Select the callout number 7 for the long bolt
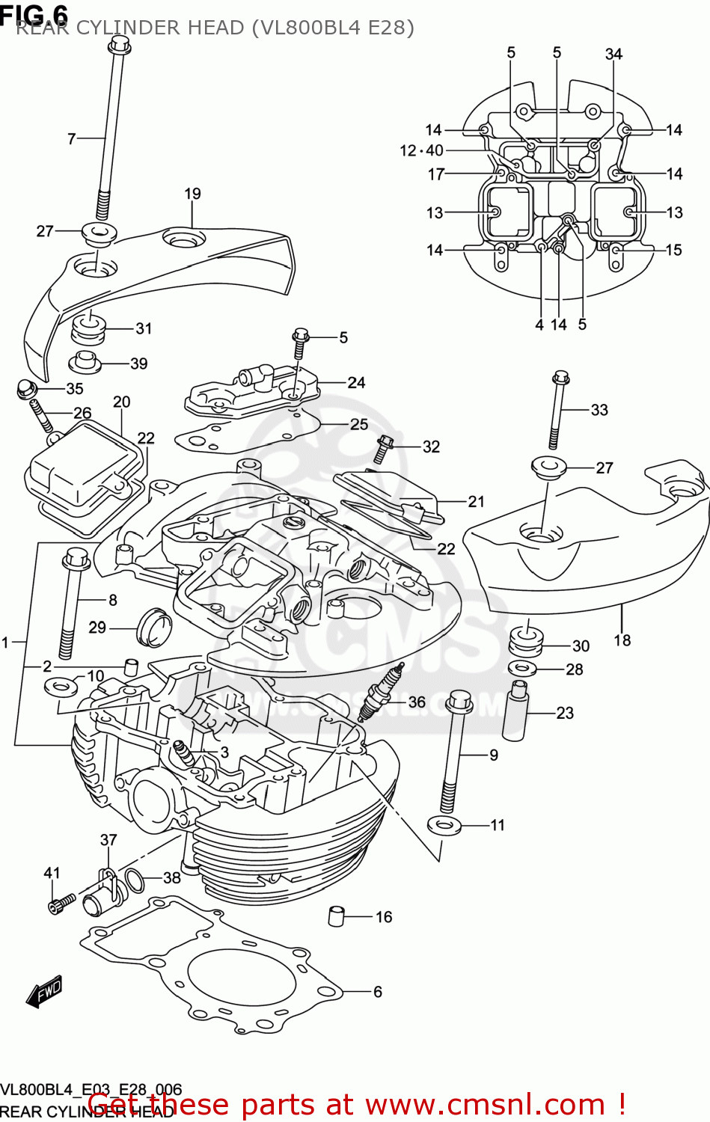click(x=72, y=138)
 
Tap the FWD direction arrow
click(x=44, y=992)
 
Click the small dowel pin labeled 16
click(x=337, y=916)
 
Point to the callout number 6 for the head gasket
click(x=377, y=992)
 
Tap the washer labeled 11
click(x=444, y=826)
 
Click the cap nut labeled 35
click(x=26, y=389)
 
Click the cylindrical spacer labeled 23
click(x=515, y=711)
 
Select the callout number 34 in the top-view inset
click(x=613, y=54)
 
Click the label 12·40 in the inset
click(x=421, y=150)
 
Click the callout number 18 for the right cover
click(x=622, y=640)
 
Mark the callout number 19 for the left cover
click(x=192, y=194)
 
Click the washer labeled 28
click(x=522, y=668)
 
